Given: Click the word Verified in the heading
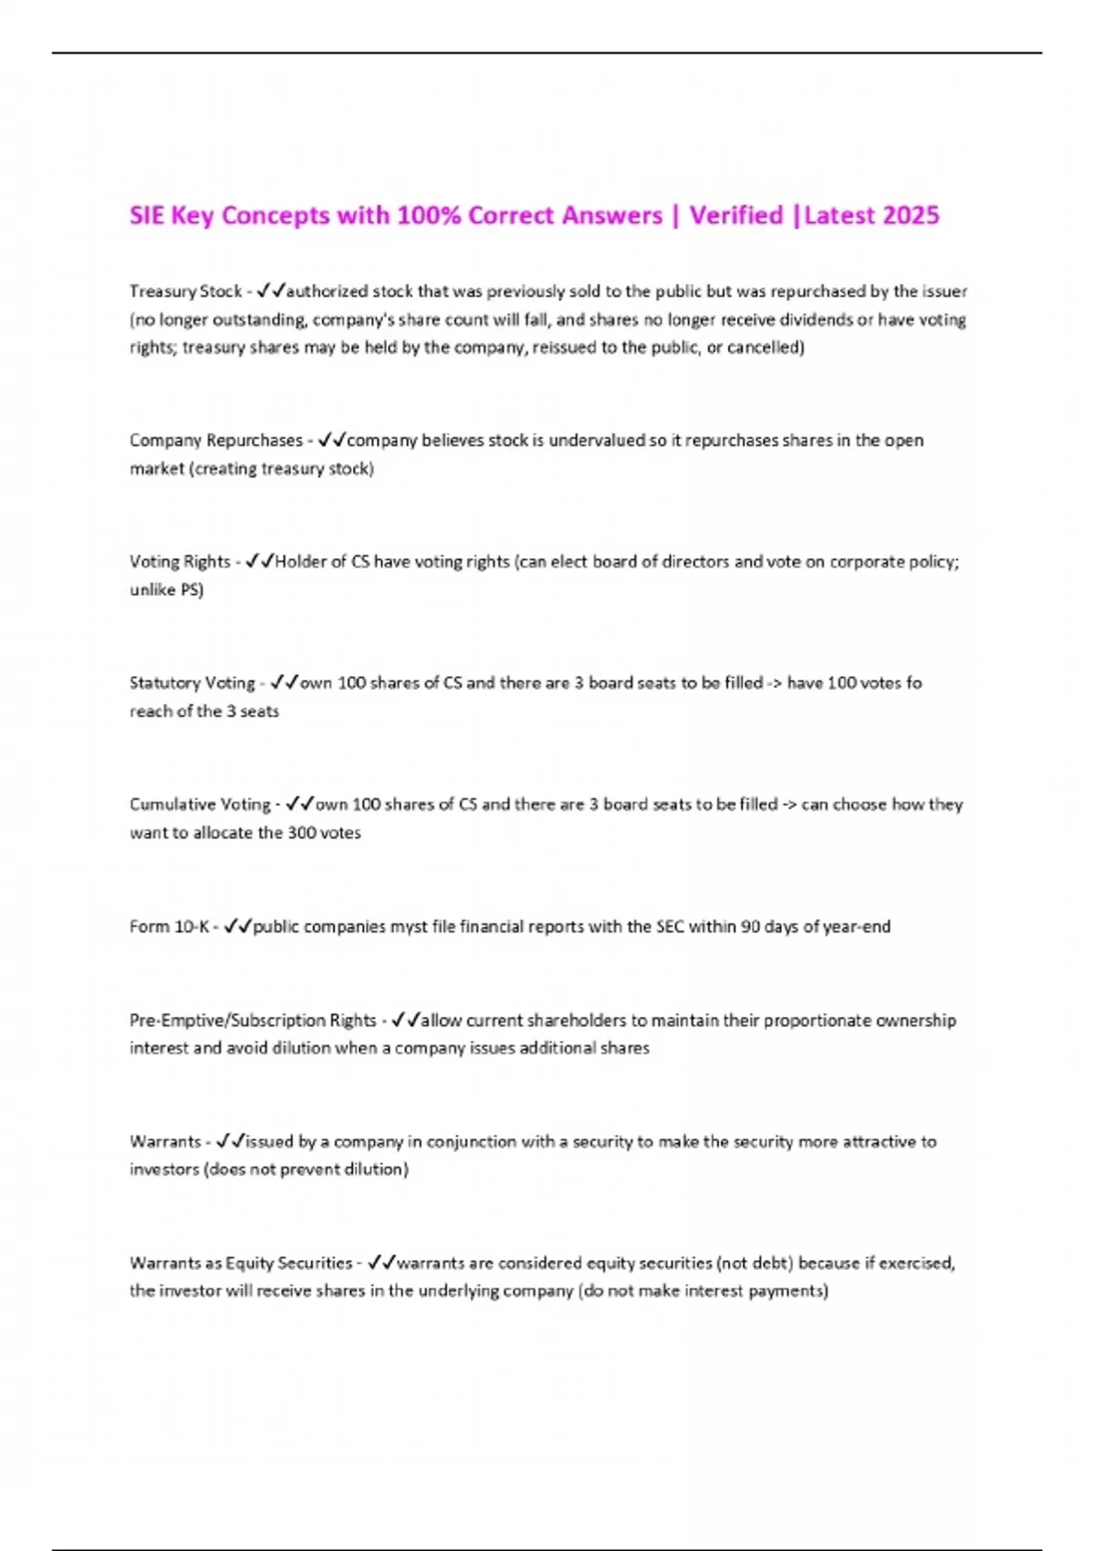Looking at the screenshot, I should click(735, 216).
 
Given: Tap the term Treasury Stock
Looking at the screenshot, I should click(185, 291).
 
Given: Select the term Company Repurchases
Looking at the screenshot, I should click(215, 441).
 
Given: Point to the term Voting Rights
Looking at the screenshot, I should click(180, 562).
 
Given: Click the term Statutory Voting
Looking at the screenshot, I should click(192, 683).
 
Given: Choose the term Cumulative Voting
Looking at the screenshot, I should click(200, 805).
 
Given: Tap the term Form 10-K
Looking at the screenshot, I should click(169, 927).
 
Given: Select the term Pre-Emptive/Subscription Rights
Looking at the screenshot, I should click(253, 1020).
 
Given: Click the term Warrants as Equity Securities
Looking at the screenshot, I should click(241, 1264).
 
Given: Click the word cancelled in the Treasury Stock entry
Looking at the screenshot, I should click(765, 348).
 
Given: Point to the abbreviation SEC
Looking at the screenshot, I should click(668, 927).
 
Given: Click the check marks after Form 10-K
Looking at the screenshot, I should click(237, 927).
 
